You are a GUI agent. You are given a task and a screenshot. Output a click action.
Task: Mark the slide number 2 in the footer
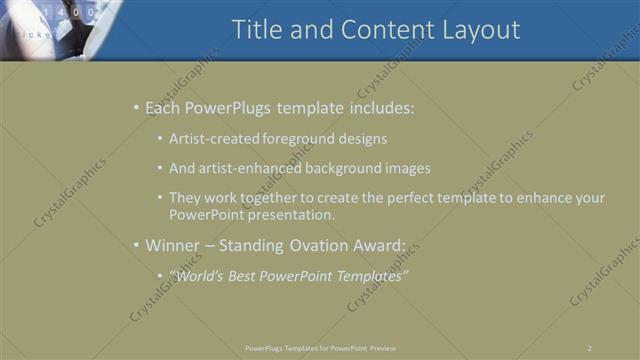(x=590, y=348)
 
